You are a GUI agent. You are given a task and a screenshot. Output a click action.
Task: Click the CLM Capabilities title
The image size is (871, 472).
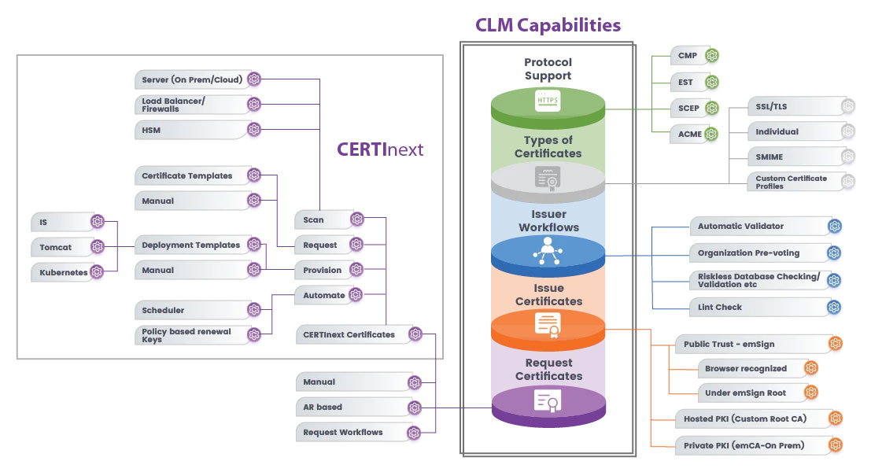tap(548, 24)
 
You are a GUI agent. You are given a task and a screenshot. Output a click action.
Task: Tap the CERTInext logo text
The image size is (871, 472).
tap(380, 149)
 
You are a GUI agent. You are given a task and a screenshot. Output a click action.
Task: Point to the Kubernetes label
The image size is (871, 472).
tap(64, 272)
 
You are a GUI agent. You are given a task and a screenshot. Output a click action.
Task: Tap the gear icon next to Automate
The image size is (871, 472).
tap(356, 295)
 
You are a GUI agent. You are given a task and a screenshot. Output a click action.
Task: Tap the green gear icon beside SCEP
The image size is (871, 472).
tap(711, 108)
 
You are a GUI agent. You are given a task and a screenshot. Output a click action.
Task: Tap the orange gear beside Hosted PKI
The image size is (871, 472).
tap(836, 419)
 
